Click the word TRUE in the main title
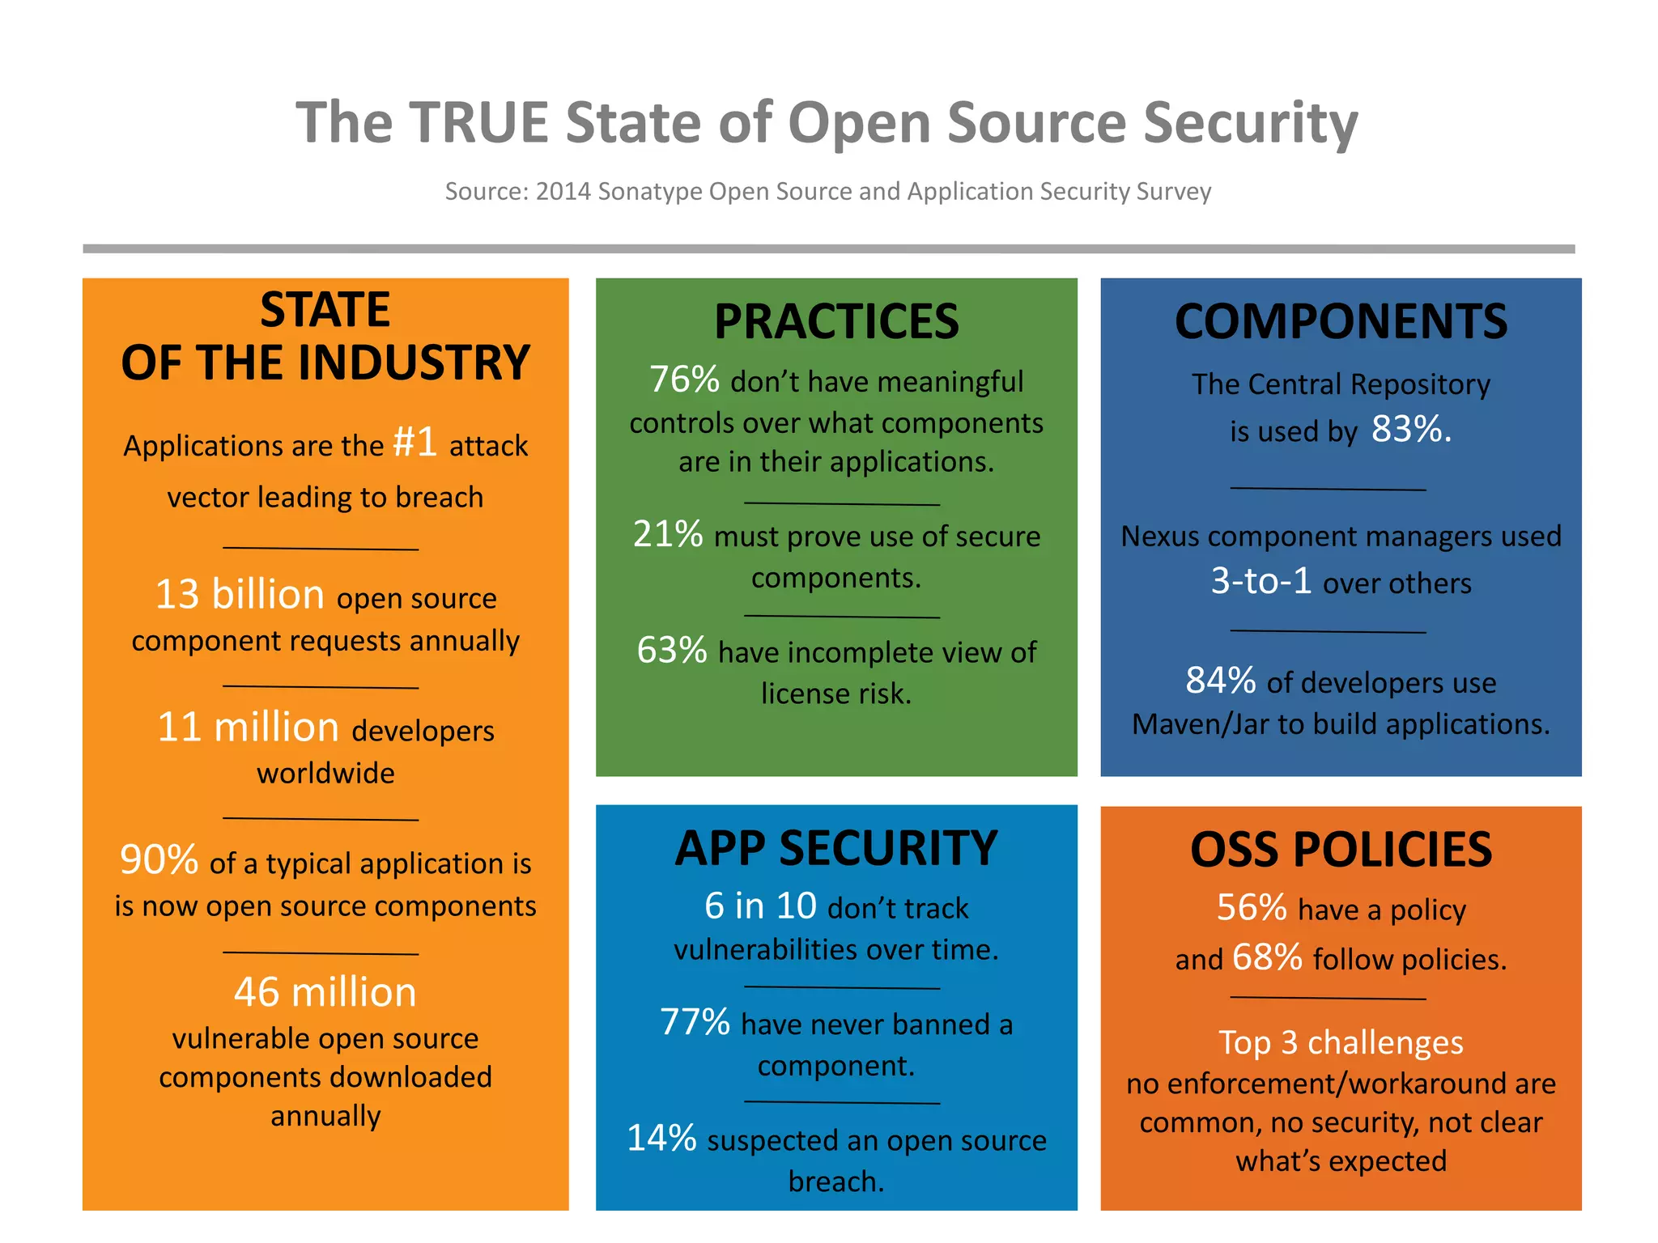point(478,123)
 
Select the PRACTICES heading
point(836,321)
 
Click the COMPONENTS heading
point(1341,321)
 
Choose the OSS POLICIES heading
point(1341,850)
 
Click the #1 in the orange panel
point(415,442)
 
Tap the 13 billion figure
point(240,594)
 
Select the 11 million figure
point(248,727)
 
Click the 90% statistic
point(159,859)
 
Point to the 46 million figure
point(325,992)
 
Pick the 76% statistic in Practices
point(684,379)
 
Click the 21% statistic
point(668,534)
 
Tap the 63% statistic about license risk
point(672,650)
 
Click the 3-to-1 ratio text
point(1261,580)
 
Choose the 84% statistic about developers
point(1220,681)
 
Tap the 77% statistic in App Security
point(695,1022)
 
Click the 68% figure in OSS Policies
point(1267,957)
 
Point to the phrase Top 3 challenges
point(1341,1042)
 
